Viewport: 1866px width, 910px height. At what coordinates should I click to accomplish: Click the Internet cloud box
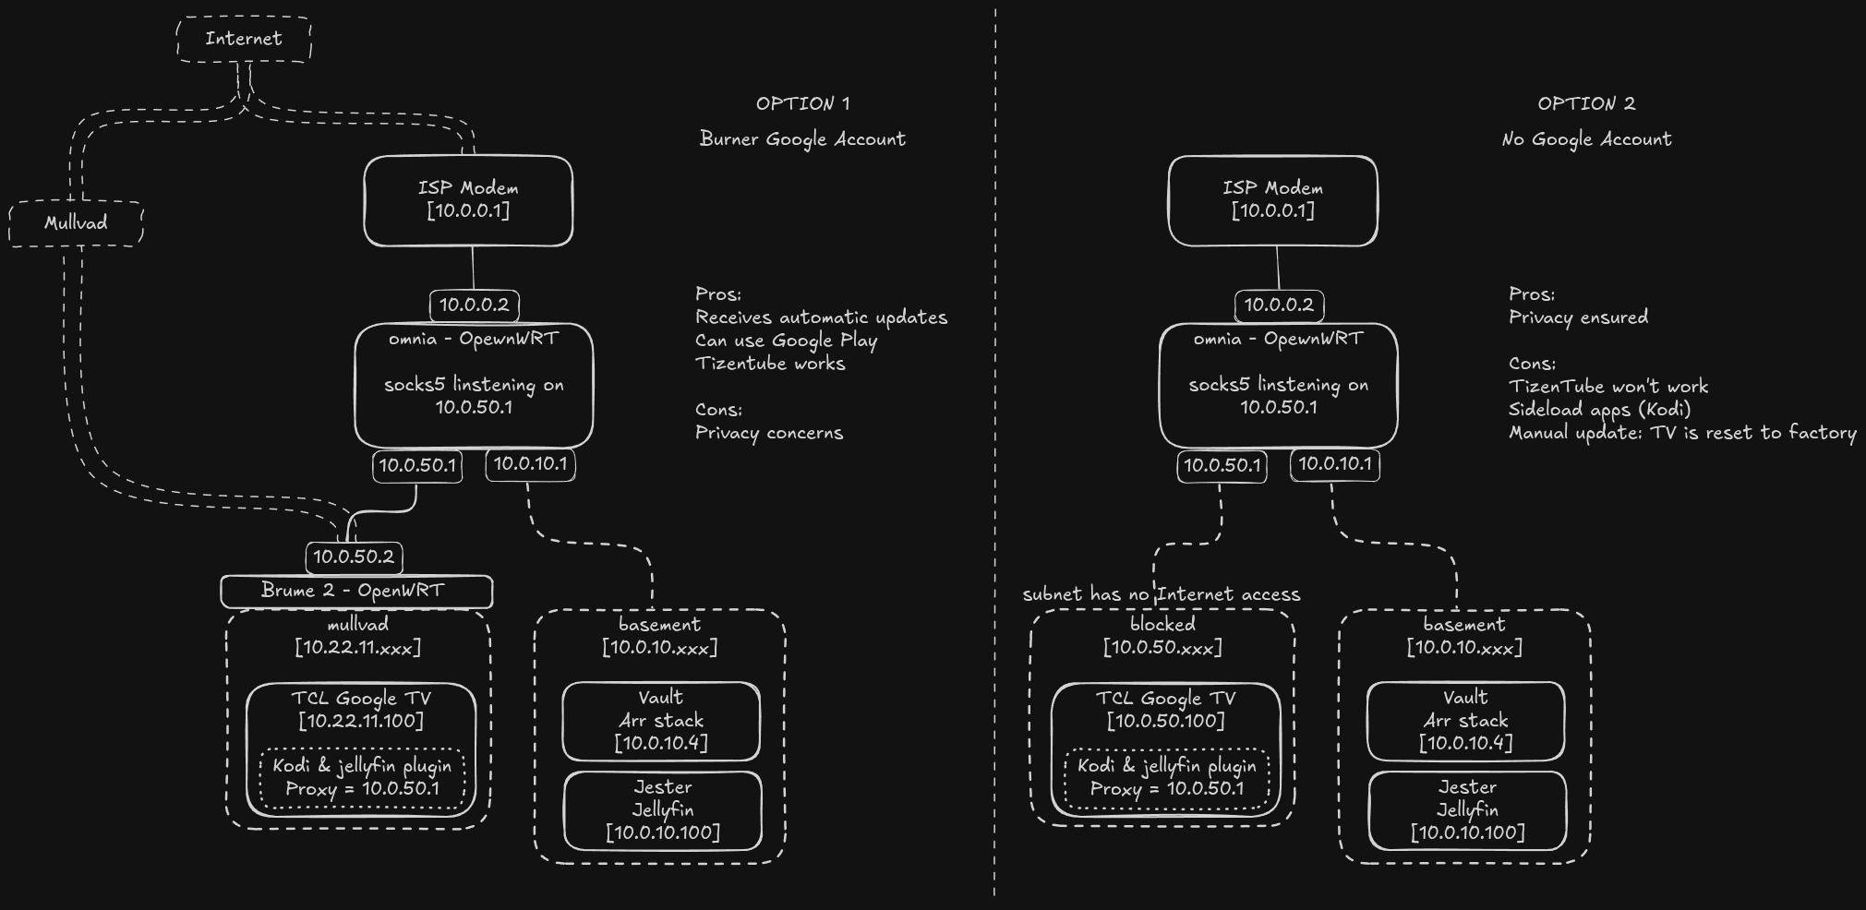tap(244, 40)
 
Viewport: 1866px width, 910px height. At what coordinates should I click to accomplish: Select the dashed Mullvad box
tap(76, 223)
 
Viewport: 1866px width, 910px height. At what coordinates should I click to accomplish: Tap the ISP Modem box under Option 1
tap(468, 200)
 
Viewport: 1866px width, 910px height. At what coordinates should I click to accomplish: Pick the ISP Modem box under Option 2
tap(1272, 200)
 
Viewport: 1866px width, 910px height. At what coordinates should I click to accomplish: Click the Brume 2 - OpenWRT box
tap(355, 591)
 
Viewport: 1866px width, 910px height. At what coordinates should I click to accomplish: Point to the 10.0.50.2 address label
tap(354, 557)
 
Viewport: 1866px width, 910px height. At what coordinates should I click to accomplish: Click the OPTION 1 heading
tap(802, 103)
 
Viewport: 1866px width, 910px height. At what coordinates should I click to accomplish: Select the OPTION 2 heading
tap(1585, 103)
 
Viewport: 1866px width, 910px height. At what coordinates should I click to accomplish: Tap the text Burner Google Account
tap(802, 139)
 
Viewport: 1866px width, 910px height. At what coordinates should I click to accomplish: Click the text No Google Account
tap(1585, 139)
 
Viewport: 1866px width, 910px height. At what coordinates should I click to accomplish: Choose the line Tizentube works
tap(770, 364)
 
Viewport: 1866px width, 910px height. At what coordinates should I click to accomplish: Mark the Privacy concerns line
tap(768, 433)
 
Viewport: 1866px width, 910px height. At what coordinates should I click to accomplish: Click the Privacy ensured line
tap(1578, 317)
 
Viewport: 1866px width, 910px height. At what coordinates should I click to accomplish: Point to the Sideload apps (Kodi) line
tap(1599, 410)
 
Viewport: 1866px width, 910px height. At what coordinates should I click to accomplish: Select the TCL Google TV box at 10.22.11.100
tap(361, 710)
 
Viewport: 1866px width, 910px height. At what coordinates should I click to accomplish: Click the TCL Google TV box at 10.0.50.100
tap(1165, 710)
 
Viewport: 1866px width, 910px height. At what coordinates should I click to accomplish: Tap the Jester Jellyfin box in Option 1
tap(663, 810)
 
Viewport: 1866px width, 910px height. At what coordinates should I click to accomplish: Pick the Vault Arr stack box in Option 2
tap(1465, 721)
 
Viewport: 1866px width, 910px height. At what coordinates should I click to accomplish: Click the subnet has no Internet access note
tap(1161, 594)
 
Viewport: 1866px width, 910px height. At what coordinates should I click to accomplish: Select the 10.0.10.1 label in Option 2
tap(1334, 464)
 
